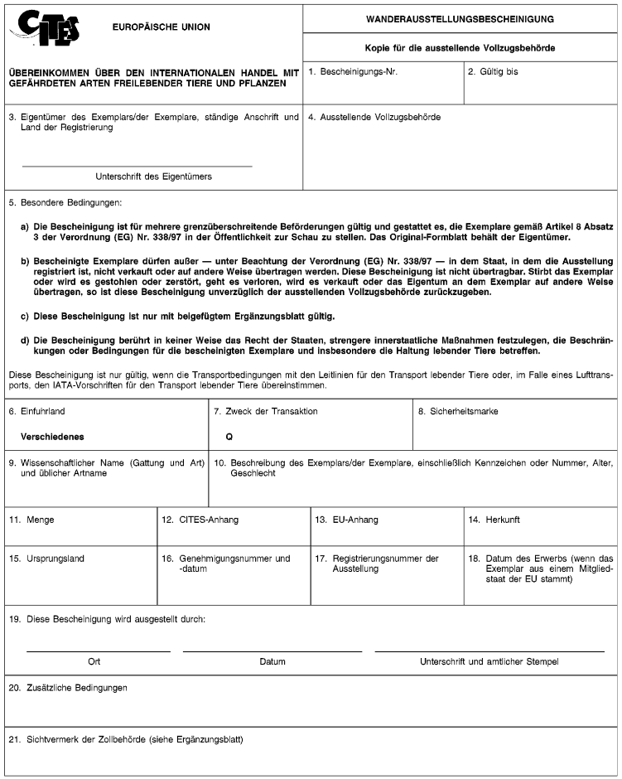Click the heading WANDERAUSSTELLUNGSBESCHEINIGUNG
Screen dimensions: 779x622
(x=460, y=19)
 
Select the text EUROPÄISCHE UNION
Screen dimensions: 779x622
(x=161, y=27)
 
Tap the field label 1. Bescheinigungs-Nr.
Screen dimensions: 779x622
(x=353, y=72)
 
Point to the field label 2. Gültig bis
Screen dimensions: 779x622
(x=493, y=72)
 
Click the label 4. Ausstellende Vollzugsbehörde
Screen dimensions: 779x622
(x=374, y=118)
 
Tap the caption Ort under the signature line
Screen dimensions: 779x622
(x=94, y=661)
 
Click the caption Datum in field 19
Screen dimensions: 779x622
(x=272, y=661)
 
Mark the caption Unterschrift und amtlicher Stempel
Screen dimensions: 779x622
(x=489, y=661)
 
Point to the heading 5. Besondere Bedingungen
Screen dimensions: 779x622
(x=65, y=202)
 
